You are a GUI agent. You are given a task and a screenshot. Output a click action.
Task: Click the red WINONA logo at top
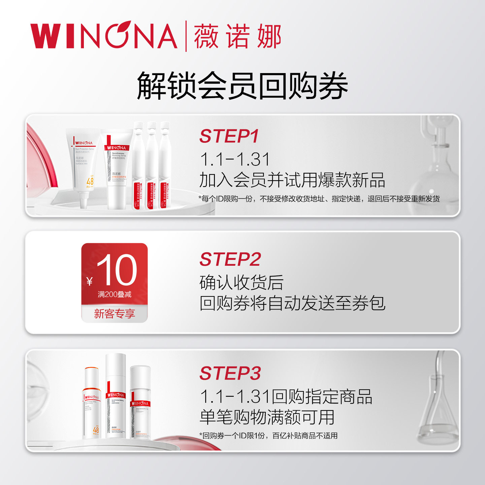pyautogui.click(x=104, y=35)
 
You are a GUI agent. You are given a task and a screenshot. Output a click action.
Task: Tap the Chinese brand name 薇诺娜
pyautogui.click(x=237, y=36)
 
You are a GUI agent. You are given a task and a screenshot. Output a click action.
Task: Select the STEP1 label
pyautogui.click(x=229, y=136)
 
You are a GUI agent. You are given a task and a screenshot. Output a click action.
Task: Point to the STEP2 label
pyautogui.click(x=230, y=259)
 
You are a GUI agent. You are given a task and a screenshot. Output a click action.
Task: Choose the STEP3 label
pyautogui.click(x=230, y=373)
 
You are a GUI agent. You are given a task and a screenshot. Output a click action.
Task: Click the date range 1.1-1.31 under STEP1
pyautogui.click(x=235, y=159)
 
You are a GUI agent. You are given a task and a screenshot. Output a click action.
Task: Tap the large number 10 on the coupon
pyautogui.click(x=117, y=270)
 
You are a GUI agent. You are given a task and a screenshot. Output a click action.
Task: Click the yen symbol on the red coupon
pyautogui.click(x=89, y=281)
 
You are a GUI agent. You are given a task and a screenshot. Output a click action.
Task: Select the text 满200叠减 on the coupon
pyautogui.click(x=115, y=294)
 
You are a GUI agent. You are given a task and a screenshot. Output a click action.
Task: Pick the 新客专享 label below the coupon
pyautogui.click(x=115, y=314)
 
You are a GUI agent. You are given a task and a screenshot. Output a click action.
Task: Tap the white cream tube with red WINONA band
pyautogui.click(x=117, y=168)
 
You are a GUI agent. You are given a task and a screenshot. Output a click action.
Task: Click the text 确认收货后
pyautogui.click(x=241, y=282)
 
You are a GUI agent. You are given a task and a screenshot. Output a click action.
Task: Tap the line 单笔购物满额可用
pyautogui.click(x=267, y=417)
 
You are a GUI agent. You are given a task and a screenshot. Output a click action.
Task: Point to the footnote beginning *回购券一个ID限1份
pyautogui.click(x=268, y=435)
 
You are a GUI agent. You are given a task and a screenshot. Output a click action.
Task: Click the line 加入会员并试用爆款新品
pyautogui.click(x=292, y=180)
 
